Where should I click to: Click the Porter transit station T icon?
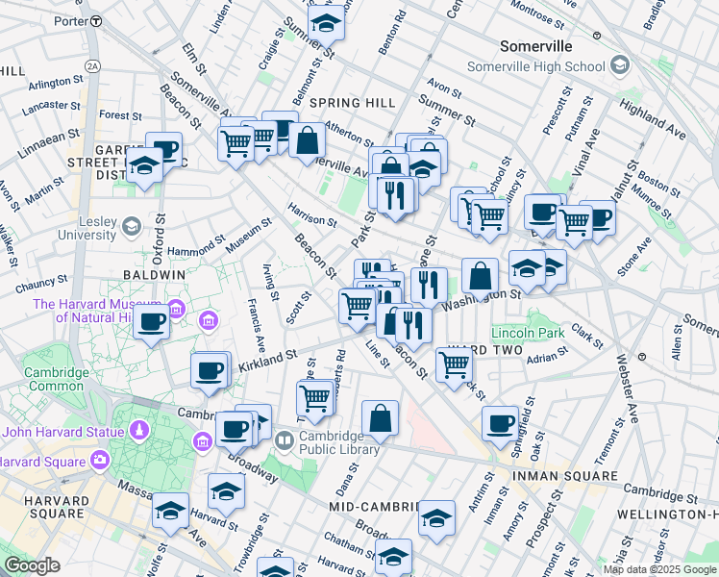tap(95, 20)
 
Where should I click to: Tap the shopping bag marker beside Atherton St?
tap(307, 142)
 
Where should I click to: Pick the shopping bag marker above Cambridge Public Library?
tap(381, 418)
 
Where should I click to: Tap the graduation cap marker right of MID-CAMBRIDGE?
tap(437, 519)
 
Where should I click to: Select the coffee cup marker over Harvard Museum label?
tap(152, 323)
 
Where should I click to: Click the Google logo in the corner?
tap(32, 565)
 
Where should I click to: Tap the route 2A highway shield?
tap(92, 65)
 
